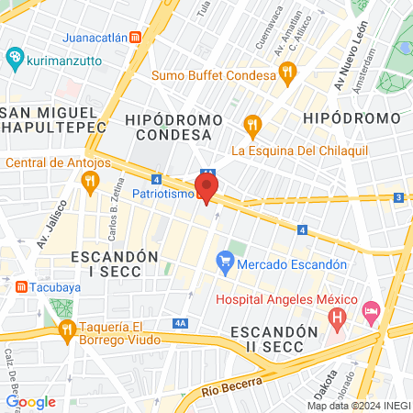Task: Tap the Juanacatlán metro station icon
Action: pyautogui.click(x=136, y=38)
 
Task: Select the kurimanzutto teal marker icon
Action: pyautogui.click(x=14, y=58)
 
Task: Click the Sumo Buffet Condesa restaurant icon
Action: pyautogui.click(x=287, y=69)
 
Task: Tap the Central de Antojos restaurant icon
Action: pyautogui.click(x=89, y=182)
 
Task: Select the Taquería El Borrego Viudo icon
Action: pyautogui.click(x=66, y=329)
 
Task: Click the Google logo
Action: pyautogui.click(x=30, y=401)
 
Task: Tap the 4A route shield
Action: pyautogui.click(x=180, y=323)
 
